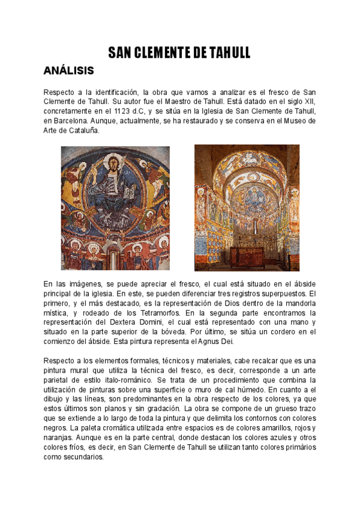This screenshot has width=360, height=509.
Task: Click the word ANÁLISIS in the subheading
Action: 69,71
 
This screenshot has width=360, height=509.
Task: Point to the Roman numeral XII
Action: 310,101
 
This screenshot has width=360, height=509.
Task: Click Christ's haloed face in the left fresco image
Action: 113,164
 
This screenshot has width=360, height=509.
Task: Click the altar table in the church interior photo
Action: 246,252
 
